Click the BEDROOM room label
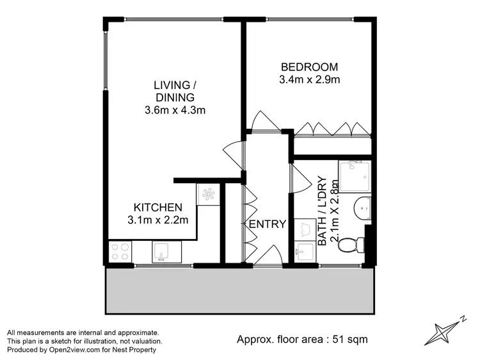(x=308, y=67)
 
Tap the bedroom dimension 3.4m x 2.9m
(x=308, y=79)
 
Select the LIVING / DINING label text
(x=174, y=91)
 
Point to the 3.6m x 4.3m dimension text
(x=174, y=110)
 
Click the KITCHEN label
(x=158, y=208)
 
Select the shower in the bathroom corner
(x=355, y=175)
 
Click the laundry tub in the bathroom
(x=305, y=252)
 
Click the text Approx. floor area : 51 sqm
(x=301, y=339)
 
